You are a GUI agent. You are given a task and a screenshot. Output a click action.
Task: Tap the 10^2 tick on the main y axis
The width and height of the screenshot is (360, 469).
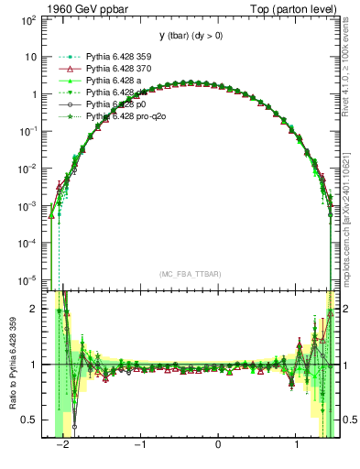(30, 19)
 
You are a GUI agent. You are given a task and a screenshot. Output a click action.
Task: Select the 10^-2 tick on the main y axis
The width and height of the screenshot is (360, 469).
(29, 169)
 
